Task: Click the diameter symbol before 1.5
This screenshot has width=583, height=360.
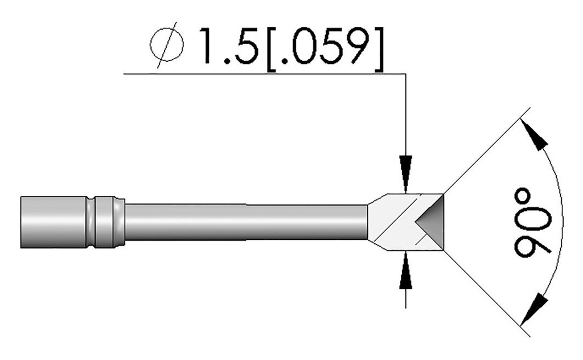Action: (x=167, y=47)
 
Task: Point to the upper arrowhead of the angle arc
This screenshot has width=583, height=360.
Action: (x=535, y=137)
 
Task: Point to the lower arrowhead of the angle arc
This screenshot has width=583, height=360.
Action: (x=535, y=308)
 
